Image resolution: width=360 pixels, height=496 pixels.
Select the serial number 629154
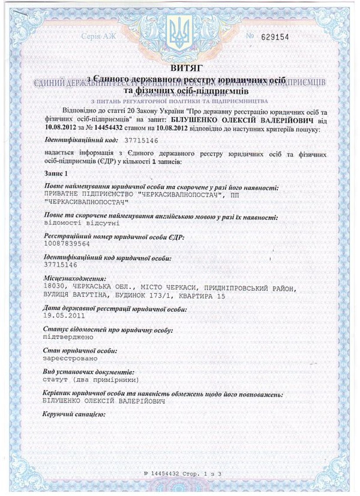click(x=274, y=37)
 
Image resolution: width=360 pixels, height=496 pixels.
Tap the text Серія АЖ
click(x=98, y=37)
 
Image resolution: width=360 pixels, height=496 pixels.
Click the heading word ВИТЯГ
click(x=180, y=68)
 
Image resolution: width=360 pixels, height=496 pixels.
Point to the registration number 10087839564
click(x=67, y=244)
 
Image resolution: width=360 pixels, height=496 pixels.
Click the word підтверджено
click(x=68, y=337)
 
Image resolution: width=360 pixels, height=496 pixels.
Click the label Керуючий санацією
click(x=74, y=413)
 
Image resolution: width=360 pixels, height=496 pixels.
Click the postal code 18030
click(x=54, y=288)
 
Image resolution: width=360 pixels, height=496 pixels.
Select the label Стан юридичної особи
click(x=80, y=351)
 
